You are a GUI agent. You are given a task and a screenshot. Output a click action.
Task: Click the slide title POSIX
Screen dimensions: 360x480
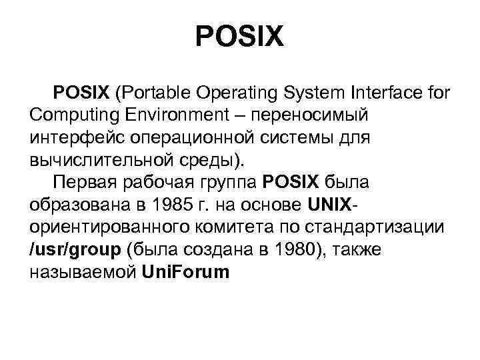(x=240, y=37)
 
